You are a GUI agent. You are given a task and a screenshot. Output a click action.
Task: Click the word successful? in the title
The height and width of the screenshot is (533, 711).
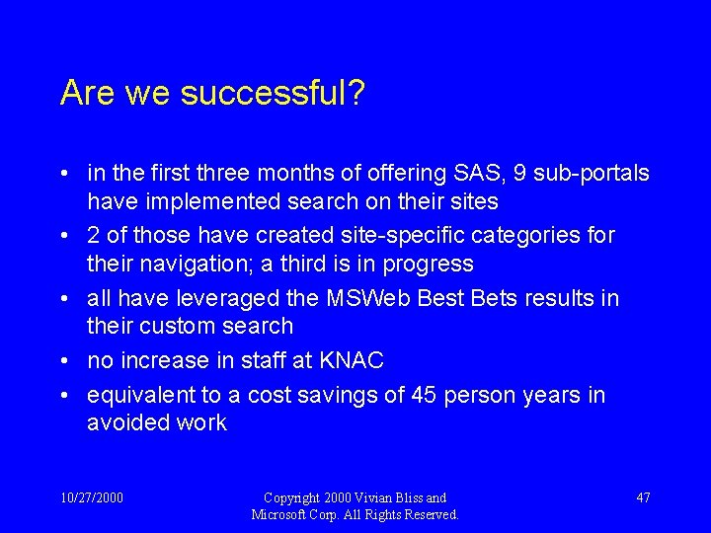[x=287, y=94]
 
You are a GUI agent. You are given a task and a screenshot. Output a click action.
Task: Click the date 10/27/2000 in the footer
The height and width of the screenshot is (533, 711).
[x=92, y=497]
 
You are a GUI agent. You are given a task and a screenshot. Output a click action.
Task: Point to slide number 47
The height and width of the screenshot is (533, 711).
[x=643, y=497]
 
